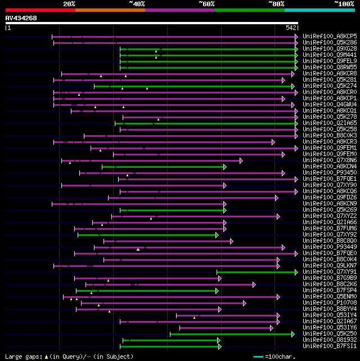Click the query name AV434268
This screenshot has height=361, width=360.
pos(21,19)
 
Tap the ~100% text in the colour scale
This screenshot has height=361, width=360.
pos(344,4)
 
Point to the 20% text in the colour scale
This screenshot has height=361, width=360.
pos(69,4)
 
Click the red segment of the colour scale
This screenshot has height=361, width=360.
pos(40,10)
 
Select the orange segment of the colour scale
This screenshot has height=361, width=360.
pos(110,10)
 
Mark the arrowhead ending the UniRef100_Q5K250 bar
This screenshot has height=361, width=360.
pos(293,334)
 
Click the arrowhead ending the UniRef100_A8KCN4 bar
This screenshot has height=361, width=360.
pos(224,167)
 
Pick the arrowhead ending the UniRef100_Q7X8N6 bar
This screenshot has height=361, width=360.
pos(241,161)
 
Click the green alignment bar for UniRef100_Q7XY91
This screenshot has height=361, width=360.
pos(256,272)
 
